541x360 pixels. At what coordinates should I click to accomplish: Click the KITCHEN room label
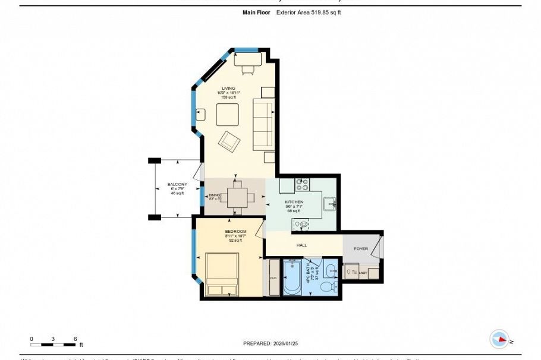click(x=294, y=202)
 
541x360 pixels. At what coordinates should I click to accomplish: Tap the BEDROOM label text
click(x=235, y=231)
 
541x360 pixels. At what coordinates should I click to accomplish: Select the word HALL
click(x=301, y=244)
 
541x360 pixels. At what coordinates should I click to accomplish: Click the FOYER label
click(x=361, y=249)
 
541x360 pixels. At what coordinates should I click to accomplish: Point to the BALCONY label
click(x=177, y=184)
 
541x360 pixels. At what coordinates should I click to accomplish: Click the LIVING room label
click(x=229, y=88)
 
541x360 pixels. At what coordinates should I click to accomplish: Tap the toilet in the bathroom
click(x=328, y=288)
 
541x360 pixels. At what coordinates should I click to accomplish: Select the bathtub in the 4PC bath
click(x=292, y=277)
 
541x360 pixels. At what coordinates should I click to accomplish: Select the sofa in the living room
click(x=263, y=125)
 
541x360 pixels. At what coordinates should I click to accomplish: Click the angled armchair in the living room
click(x=229, y=141)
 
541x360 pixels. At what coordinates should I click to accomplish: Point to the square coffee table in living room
click(x=227, y=115)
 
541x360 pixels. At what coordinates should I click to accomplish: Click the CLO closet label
click(x=273, y=277)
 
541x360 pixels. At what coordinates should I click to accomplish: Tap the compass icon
click(x=499, y=339)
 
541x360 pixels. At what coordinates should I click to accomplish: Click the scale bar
click(x=53, y=344)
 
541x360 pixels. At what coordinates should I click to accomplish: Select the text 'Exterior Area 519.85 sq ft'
click(x=309, y=12)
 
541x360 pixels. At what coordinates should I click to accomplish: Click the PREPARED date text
click(x=270, y=343)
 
